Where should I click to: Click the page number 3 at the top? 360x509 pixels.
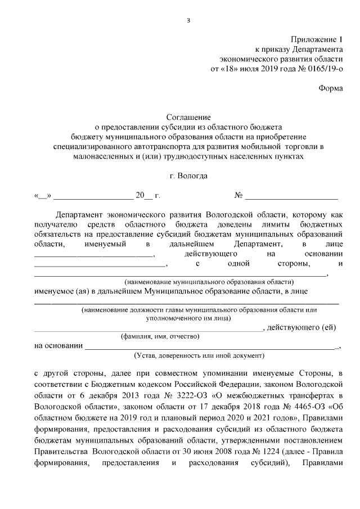pos(189,22)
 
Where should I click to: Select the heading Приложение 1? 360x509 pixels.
pos(316,39)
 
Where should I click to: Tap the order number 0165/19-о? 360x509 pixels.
pos(321,69)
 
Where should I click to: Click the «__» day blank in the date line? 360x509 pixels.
pos(43,196)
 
